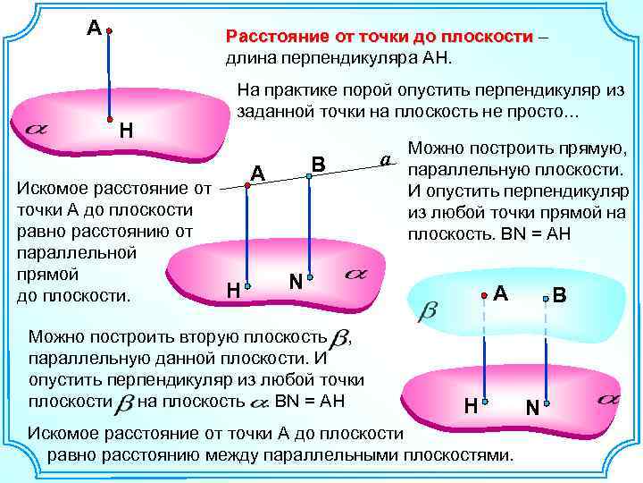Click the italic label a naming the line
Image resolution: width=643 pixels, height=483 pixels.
click(386, 160)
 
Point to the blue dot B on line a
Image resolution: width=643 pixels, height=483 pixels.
click(308, 176)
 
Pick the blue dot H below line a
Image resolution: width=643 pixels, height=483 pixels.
click(248, 286)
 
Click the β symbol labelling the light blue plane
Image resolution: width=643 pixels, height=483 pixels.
click(428, 309)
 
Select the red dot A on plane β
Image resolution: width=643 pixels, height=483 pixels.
click(483, 294)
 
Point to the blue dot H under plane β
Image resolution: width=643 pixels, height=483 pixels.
click(483, 402)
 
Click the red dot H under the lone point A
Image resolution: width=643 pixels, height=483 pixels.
click(108, 118)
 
